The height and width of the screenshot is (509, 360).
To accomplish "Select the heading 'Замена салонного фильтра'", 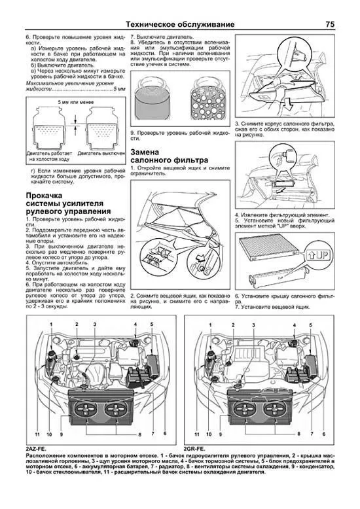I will click(169, 156).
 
